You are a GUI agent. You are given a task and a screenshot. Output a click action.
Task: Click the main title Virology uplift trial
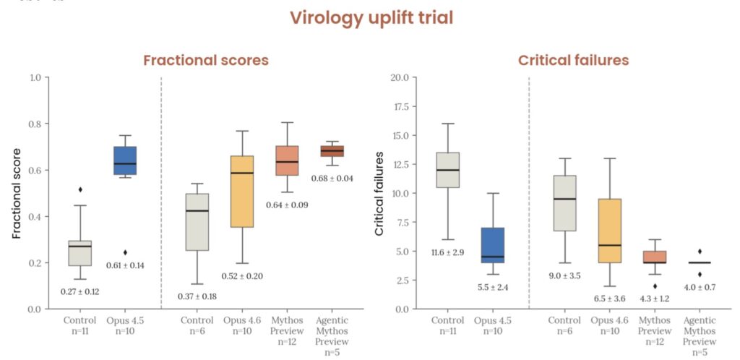point(371,18)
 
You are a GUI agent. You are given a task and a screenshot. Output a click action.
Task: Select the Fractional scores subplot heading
point(206,61)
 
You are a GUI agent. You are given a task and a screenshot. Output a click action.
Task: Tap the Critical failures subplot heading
point(574,61)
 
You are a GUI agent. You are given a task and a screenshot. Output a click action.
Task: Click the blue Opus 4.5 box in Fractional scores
point(126,160)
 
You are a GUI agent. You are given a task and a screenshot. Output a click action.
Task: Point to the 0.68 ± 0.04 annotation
point(332,179)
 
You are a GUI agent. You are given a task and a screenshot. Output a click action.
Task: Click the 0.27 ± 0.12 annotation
point(80,292)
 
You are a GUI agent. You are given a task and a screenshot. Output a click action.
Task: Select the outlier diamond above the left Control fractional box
point(80,189)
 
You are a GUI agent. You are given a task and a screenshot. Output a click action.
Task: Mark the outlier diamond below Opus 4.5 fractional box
point(126,252)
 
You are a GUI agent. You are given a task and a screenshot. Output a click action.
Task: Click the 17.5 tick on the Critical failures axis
point(399,106)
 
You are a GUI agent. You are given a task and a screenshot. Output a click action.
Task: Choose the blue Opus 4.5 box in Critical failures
point(493,246)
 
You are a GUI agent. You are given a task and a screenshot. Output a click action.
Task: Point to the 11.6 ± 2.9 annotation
point(447,252)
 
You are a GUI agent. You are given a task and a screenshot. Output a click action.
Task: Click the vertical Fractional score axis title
point(17,192)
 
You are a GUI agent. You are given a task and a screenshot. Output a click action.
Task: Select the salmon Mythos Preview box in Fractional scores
point(287,160)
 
